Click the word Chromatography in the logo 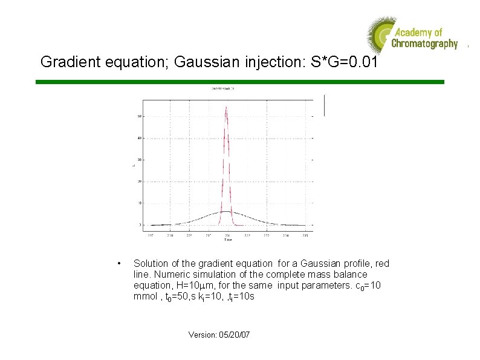(x=424, y=44)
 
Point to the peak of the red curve (x=226, y=107)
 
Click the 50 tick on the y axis (x=140, y=116)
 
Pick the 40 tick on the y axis (x=140, y=138)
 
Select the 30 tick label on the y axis (x=140, y=160)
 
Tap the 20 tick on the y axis (x=140, y=182)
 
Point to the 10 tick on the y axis (x=140, y=203)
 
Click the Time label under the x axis (x=227, y=240)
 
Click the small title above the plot (x=223, y=88)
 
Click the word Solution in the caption (x=151, y=264)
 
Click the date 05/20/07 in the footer (x=234, y=335)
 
